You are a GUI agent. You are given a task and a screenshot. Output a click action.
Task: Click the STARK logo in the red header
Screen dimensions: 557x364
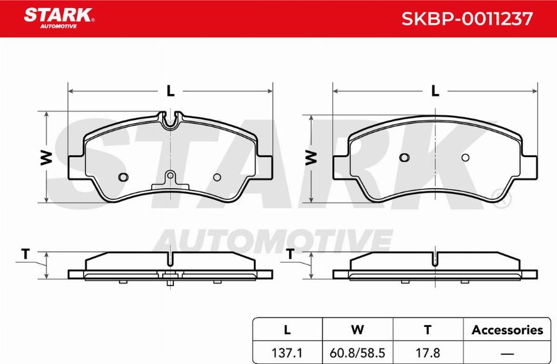pos(59,18)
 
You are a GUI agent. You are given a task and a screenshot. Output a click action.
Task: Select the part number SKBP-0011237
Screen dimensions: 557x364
pos(467,19)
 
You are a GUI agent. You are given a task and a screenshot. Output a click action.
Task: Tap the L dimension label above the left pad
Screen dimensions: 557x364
pos(171,92)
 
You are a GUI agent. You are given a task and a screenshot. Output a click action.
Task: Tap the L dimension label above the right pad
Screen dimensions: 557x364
pos(435,92)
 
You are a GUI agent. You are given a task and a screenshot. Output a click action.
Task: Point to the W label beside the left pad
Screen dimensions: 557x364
pos(46,157)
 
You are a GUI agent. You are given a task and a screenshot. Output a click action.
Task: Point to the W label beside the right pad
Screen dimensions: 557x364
pos(311,157)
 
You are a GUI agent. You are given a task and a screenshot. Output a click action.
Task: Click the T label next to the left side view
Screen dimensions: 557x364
pos(25,254)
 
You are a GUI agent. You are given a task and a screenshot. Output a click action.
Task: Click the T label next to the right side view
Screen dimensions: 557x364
pos(290,254)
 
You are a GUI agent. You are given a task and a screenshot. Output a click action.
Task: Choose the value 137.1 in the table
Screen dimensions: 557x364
pos(287,353)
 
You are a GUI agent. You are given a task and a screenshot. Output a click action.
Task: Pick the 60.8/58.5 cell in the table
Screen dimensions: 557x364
pos(357,353)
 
